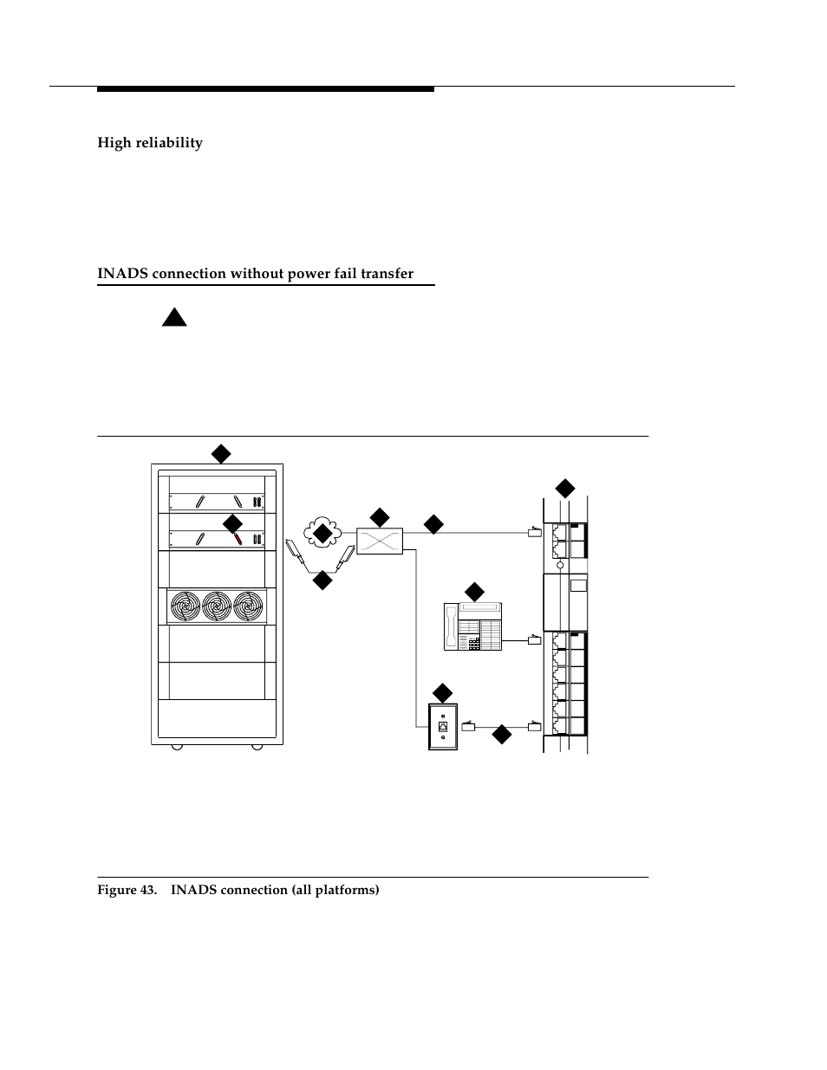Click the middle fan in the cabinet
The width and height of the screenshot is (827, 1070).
pyautogui.click(x=217, y=606)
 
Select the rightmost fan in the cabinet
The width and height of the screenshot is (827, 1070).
pyautogui.click(x=247, y=606)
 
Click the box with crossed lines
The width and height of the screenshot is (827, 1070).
pyautogui.click(x=380, y=542)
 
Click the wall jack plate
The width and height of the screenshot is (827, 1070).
pyautogui.click(x=443, y=726)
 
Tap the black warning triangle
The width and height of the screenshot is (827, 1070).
pyautogui.click(x=174, y=316)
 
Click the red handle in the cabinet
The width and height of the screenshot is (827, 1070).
pyautogui.click(x=236, y=537)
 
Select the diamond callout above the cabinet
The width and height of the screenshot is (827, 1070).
pyautogui.click(x=221, y=453)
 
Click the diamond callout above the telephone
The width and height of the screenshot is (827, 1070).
pyautogui.click(x=474, y=593)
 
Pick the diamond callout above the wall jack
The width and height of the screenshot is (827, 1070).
pyautogui.click(x=443, y=693)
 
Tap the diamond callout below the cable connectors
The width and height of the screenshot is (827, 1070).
pyautogui.click(x=322, y=580)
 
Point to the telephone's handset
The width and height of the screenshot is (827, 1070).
pyautogui.click(x=451, y=626)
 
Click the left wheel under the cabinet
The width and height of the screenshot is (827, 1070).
pyautogui.click(x=177, y=746)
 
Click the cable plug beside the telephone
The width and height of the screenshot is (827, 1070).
pyautogui.click(x=535, y=641)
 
